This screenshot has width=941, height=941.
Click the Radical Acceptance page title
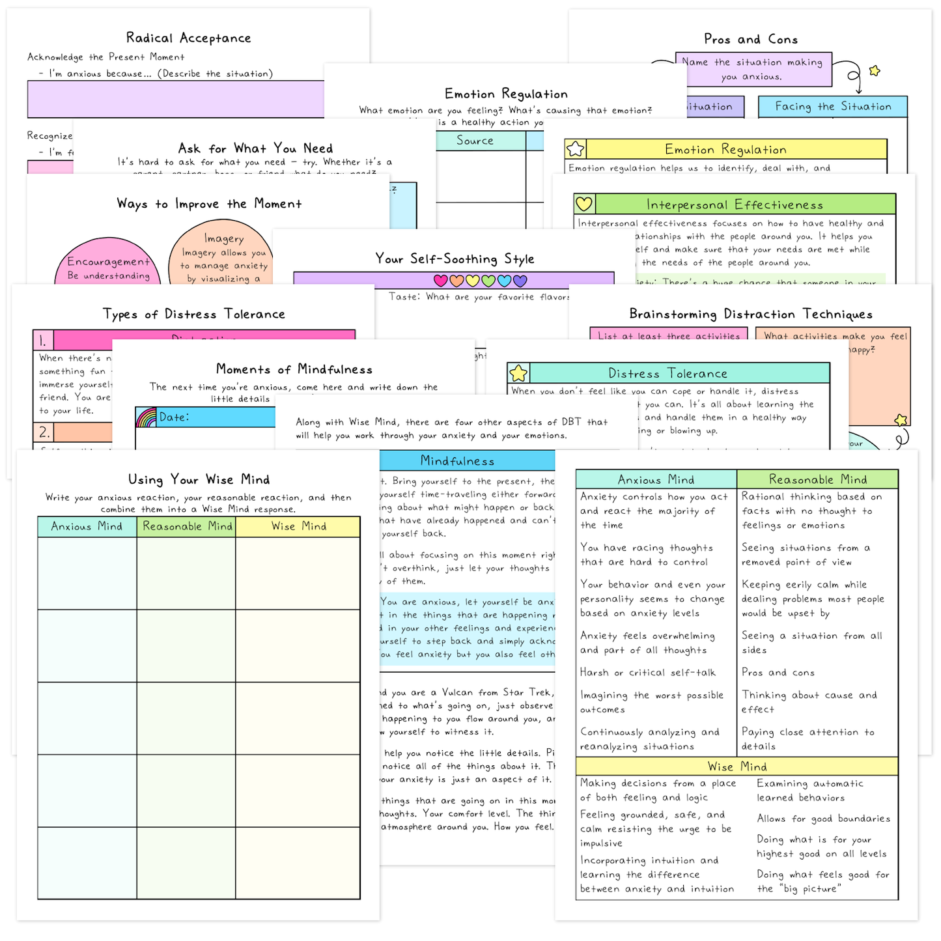coord(188,38)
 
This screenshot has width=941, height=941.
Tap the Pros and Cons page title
coord(750,39)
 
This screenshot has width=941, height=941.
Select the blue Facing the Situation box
coord(832,107)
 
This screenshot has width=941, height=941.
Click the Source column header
coord(475,141)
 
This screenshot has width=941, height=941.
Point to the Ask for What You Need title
coord(255,148)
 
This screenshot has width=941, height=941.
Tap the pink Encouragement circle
coord(108,263)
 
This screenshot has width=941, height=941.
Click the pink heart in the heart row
coord(441,281)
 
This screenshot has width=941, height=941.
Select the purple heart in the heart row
coord(520,281)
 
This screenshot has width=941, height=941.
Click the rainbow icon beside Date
coord(147,417)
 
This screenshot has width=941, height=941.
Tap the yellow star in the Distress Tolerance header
coord(518,373)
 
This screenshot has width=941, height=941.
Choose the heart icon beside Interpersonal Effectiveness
coord(584,204)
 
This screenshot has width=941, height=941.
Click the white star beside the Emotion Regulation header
coord(576,149)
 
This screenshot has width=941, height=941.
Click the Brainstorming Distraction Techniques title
coord(750,314)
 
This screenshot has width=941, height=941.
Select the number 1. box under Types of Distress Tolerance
coord(44,340)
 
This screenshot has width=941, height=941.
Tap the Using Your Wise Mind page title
coord(199,480)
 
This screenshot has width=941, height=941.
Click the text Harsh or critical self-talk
coord(647,673)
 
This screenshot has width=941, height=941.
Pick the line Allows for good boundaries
coord(823,819)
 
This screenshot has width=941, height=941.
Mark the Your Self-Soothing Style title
coord(454,259)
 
